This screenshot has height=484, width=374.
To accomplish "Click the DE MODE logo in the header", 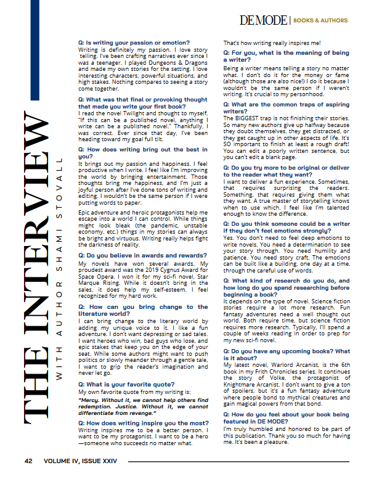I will [264, 20].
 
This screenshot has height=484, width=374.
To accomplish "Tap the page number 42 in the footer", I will [28, 461].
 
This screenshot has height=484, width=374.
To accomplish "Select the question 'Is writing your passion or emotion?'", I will [129, 43].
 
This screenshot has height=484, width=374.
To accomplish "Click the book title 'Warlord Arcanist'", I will [287, 365].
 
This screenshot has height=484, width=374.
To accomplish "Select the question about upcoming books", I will [286, 354].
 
